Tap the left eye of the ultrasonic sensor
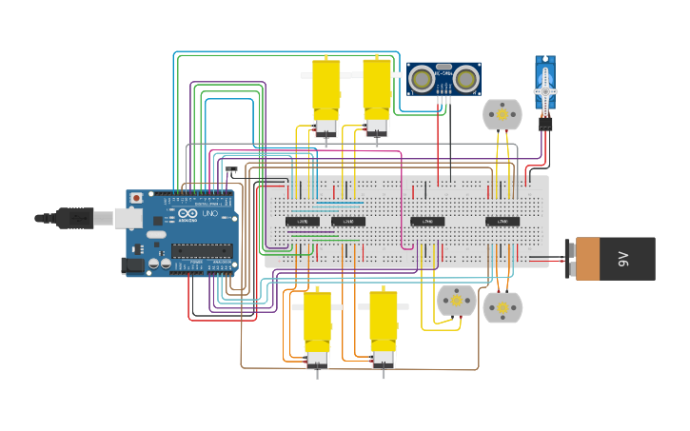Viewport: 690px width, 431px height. (x=423, y=79)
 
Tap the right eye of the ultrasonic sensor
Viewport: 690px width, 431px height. (x=465, y=79)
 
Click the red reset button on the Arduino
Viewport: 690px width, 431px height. (x=136, y=198)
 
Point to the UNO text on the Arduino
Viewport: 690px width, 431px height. (x=209, y=214)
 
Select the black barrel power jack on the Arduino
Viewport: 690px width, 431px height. (x=133, y=265)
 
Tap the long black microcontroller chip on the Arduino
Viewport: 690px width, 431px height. (x=201, y=252)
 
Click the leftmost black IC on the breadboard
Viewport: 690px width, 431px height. (x=303, y=222)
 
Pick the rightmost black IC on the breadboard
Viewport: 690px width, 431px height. (x=503, y=222)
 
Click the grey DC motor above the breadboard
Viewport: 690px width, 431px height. (x=502, y=114)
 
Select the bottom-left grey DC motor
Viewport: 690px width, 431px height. (x=456, y=301)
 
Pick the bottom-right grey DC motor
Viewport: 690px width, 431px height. (x=503, y=307)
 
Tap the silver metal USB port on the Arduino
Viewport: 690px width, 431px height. (x=126, y=219)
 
